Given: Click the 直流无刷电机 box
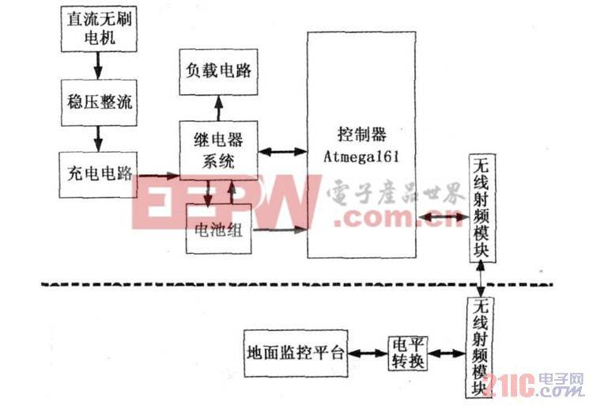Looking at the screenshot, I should [97, 27].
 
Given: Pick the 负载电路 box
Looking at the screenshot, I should [217, 70].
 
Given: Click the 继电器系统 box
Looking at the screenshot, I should [217, 148].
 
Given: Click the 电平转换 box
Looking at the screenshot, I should [407, 353].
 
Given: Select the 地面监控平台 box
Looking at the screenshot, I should [295, 353].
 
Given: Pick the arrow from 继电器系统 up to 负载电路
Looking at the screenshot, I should [217, 107].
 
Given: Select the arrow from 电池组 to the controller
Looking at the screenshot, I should [280, 231].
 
